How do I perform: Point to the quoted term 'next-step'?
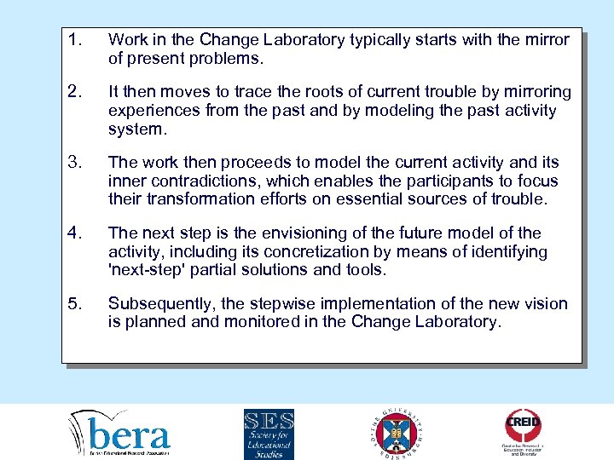point(147,270)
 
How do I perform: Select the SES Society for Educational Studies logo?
point(269,434)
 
